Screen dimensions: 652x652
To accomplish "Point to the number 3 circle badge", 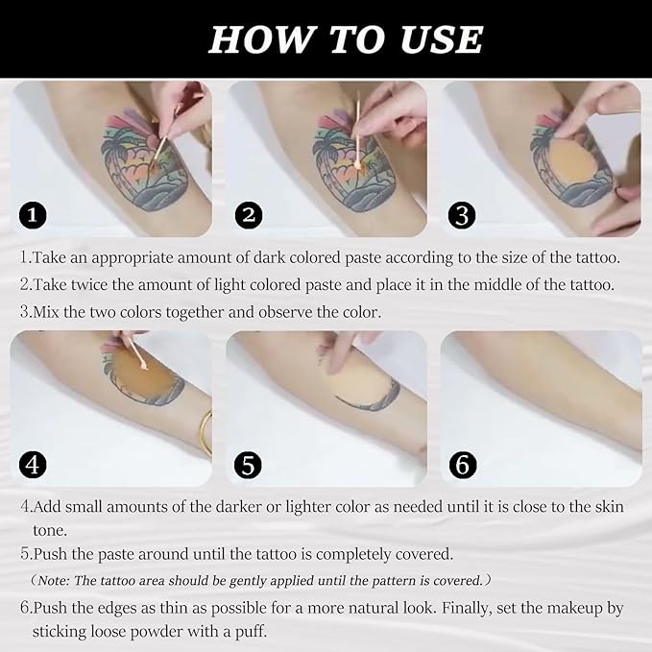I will (x=464, y=215).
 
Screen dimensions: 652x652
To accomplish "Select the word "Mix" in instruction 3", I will (x=49, y=311).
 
